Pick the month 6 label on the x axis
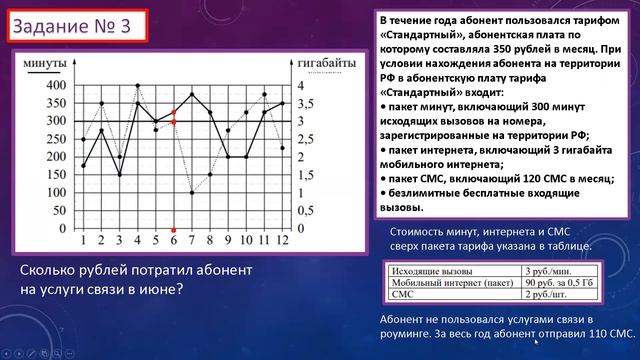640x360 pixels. pyautogui.click(x=173, y=241)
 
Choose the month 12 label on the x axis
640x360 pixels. pyautogui.click(x=283, y=241)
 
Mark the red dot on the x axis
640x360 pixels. pyautogui.click(x=173, y=229)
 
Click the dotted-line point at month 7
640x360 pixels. pyautogui.click(x=191, y=192)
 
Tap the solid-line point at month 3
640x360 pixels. pyautogui.click(x=119, y=175)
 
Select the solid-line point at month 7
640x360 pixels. pyautogui.click(x=191, y=95)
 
